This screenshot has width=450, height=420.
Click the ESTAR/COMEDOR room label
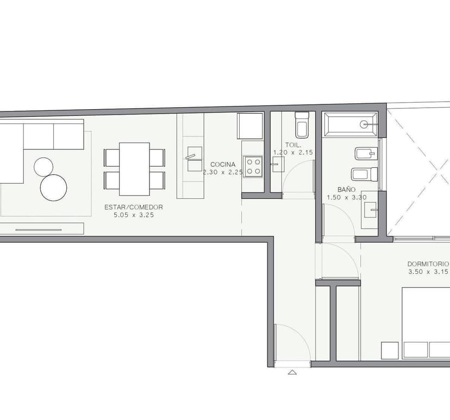pos(134,207)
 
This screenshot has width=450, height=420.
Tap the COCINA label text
pos(223,165)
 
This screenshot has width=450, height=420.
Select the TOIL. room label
pos(293,145)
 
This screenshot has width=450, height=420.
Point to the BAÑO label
pos(346,189)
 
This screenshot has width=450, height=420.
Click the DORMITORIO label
pos(428,264)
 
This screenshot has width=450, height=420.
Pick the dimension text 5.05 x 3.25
pos(134,215)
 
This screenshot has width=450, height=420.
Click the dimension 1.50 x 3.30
pos(347,197)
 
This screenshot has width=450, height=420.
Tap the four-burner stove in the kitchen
pos(253,167)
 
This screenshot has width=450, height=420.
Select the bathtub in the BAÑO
pos(351,124)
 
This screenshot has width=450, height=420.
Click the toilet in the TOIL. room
pos(302,125)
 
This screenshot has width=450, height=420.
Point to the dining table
pos(134,169)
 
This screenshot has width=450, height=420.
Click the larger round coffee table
pos(54,187)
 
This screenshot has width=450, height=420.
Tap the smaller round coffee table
pos(43,167)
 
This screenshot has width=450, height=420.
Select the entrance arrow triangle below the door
pos(292,372)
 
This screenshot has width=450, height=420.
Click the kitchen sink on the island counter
pos(195,159)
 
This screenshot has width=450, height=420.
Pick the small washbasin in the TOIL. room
pos(278,164)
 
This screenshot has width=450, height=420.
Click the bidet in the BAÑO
pos(366,153)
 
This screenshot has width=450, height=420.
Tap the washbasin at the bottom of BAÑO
pos(371,209)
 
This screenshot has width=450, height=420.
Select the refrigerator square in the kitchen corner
pos(250,126)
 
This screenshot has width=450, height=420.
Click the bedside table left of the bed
pos(390,350)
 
